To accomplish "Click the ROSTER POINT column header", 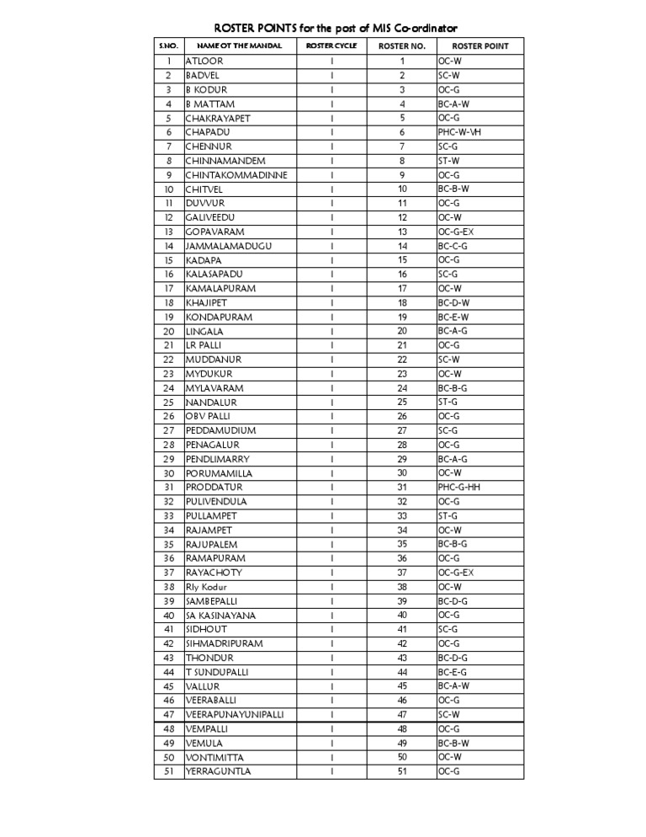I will pyautogui.click(x=479, y=45).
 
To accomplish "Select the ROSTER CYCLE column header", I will pyautogui.click(x=331, y=45).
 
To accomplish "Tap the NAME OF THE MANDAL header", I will pyautogui.click(x=239, y=45).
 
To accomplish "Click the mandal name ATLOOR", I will pyautogui.click(x=204, y=61).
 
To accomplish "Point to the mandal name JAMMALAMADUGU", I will pyautogui.click(x=229, y=246).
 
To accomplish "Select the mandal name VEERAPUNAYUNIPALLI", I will pyautogui.click(x=235, y=714).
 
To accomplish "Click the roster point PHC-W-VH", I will pyautogui.click(x=459, y=132).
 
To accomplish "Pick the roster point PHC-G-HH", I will pyautogui.click(x=459, y=487).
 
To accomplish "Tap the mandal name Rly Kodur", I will pyautogui.click(x=207, y=587).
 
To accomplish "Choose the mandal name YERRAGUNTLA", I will pyautogui.click(x=219, y=771).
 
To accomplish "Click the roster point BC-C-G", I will pyautogui.click(x=453, y=246).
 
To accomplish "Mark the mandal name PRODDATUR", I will pyautogui.click(x=214, y=487).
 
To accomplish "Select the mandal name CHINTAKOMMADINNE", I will pyautogui.click(x=236, y=175).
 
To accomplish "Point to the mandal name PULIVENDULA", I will pyautogui.click(x=217, y=501).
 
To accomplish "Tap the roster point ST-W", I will pyautogui.click(x=448, y=161).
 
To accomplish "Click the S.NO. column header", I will pyautogui.click(x=168, y=45).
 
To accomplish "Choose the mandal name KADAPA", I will pyautogui.click(x=204, y=260).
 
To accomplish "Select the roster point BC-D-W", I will pyautogui.click(x=453, y=302).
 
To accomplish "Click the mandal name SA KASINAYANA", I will pyautogui.click(x=221, y=616).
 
